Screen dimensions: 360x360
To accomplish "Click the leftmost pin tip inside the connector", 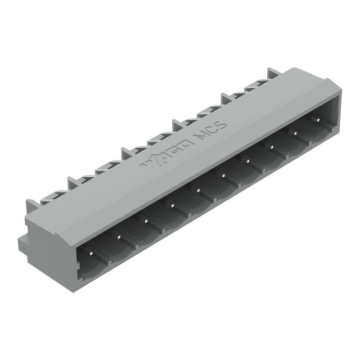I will pyautogui.click(x=91, y=255).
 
